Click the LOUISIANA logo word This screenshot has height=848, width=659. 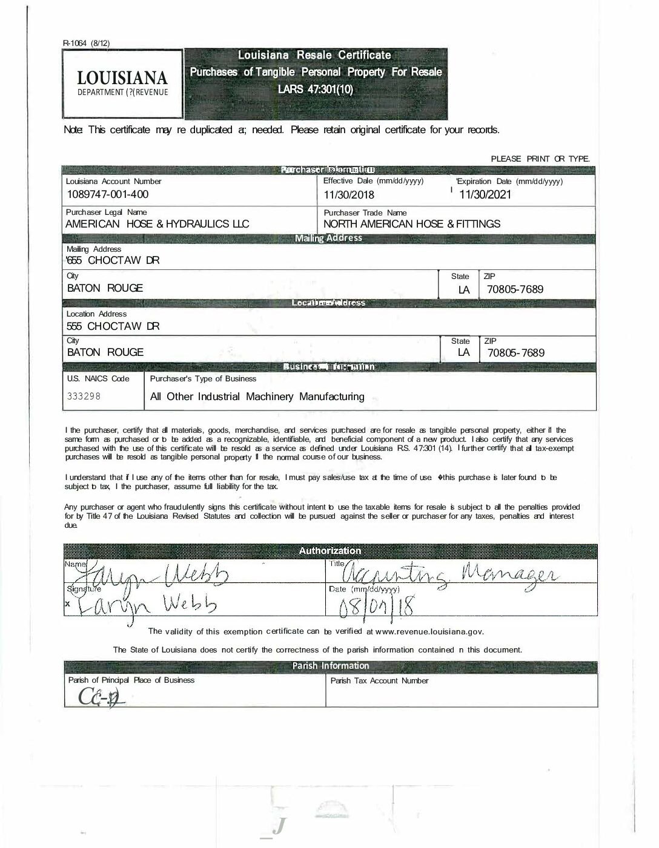(x=122, y=77)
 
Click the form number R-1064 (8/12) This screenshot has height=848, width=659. (x=86, y=43)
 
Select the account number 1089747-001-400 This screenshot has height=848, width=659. (x=107, y=194)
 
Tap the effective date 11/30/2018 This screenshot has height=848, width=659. (x=349, y=195)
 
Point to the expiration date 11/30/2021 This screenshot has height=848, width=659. (x=485, y=194)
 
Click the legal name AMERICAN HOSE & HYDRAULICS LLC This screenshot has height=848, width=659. (x=157, y=224)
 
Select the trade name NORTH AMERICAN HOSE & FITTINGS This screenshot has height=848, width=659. (x=412, y=224)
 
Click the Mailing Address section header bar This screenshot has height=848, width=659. (x=328, y=238)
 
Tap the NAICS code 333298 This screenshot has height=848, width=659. (x=84, y=396)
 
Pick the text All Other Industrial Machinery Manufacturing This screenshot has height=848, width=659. (x=257, y=396)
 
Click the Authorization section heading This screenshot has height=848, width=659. (x=330, y=550)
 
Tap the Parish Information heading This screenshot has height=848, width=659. (x=330, y=666)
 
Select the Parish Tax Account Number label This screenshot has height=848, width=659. (x=379, y=680)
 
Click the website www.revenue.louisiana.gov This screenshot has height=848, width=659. (x=429, y=631)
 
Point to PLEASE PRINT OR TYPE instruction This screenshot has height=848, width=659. (x=540, y=159)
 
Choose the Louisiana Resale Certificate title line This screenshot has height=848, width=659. (x=314, y=55)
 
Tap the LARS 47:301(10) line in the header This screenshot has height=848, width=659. (x=315, y=90)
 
